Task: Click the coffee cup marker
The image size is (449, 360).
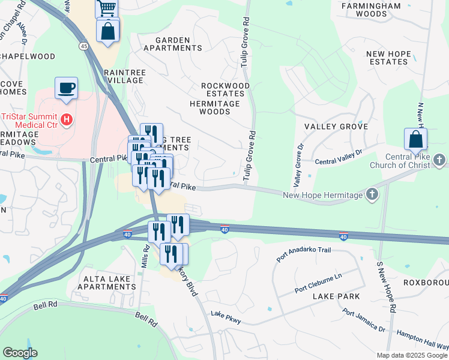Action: (x=66, y=88)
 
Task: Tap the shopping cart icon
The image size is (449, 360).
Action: (x=107, y=8)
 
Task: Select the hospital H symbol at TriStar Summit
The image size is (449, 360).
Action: (x=67, y=119)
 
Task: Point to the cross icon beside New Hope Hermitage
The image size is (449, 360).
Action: (x=372, y=194)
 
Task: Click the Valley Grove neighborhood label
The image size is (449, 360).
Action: (x=336, y=127)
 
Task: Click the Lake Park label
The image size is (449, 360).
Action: (x=336, y=296)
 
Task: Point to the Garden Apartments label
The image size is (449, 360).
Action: (x=170, y=44)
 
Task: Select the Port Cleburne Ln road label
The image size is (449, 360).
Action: (x=318, y=284)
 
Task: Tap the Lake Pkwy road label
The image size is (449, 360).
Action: (x=226, y=317)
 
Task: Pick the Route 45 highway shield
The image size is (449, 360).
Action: (x=83, y=46)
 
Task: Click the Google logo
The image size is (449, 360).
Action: (x=20, y=353)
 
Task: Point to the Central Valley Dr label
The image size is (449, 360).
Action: (x=339, y=157)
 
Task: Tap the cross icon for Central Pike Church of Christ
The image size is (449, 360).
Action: (x=440, y=160)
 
